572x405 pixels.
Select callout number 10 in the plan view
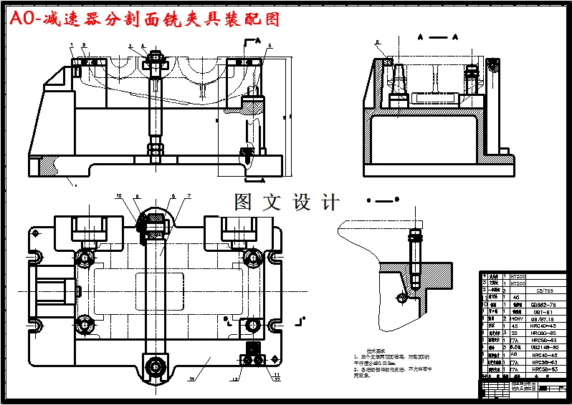point(120,195)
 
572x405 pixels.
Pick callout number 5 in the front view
point(269,46)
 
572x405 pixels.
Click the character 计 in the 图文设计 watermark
point(330,202)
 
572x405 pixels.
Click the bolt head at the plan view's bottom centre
point(153,367)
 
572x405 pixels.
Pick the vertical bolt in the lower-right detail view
point(414,254)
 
